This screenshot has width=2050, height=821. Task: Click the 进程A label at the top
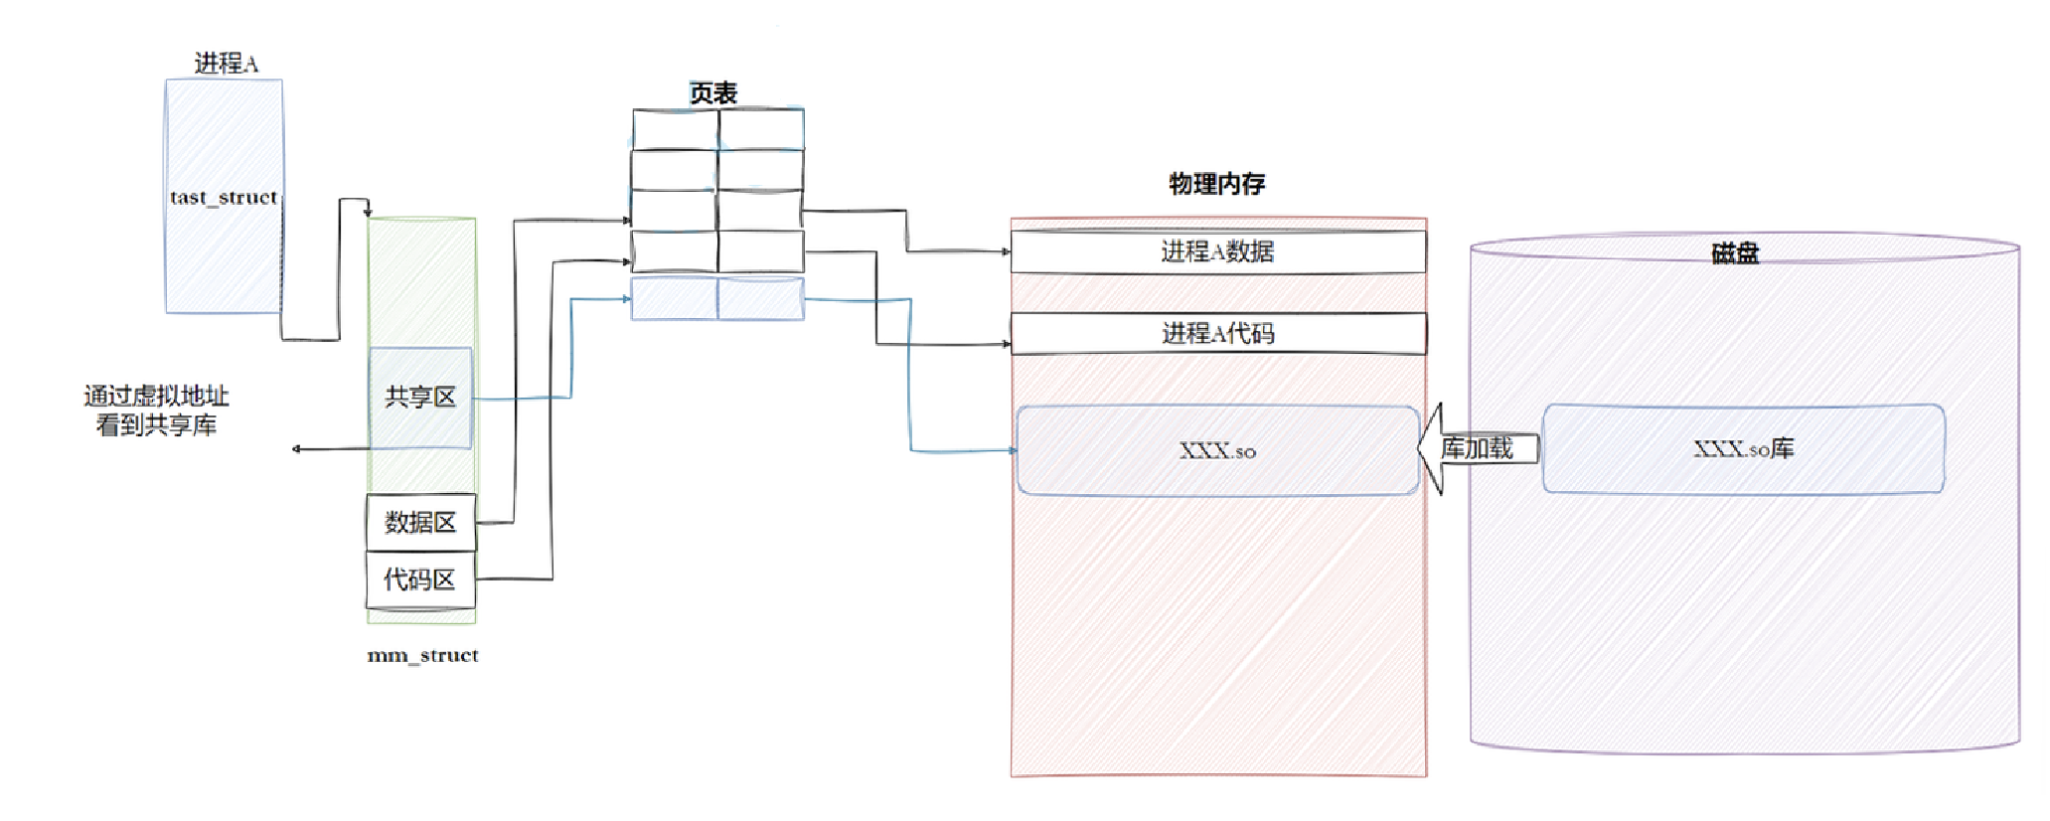pos(226,64)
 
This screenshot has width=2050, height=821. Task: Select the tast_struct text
pos(224,197)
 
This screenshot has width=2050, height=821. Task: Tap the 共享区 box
pos(420,398)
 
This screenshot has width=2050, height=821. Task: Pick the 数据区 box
pos(420,522)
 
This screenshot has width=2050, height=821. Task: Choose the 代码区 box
pos(420,579)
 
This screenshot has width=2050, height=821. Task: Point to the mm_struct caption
pos(422,655)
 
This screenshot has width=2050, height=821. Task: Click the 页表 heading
pos(713,93)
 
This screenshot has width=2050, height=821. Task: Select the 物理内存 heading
pos(1217,184)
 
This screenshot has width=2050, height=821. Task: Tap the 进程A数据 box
pos(1217,251)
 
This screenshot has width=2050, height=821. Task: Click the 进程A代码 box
pos(1217,333)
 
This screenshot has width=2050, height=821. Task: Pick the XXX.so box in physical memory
pos(1217,450)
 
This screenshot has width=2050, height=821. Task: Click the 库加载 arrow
pos(1477,449)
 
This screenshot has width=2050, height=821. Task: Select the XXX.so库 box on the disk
pos(1743,449)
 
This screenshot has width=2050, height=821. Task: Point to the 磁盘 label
pos(1735,253)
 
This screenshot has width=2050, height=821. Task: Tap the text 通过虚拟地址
pos(156,396)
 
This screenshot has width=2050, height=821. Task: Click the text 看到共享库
pos(156,425)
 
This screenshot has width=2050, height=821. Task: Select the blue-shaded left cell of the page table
pos(675,299)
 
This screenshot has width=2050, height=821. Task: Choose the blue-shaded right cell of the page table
pos(761,299)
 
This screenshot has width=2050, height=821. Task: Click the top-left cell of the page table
pos(676,129)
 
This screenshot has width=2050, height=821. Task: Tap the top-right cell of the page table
pos(761,129)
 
